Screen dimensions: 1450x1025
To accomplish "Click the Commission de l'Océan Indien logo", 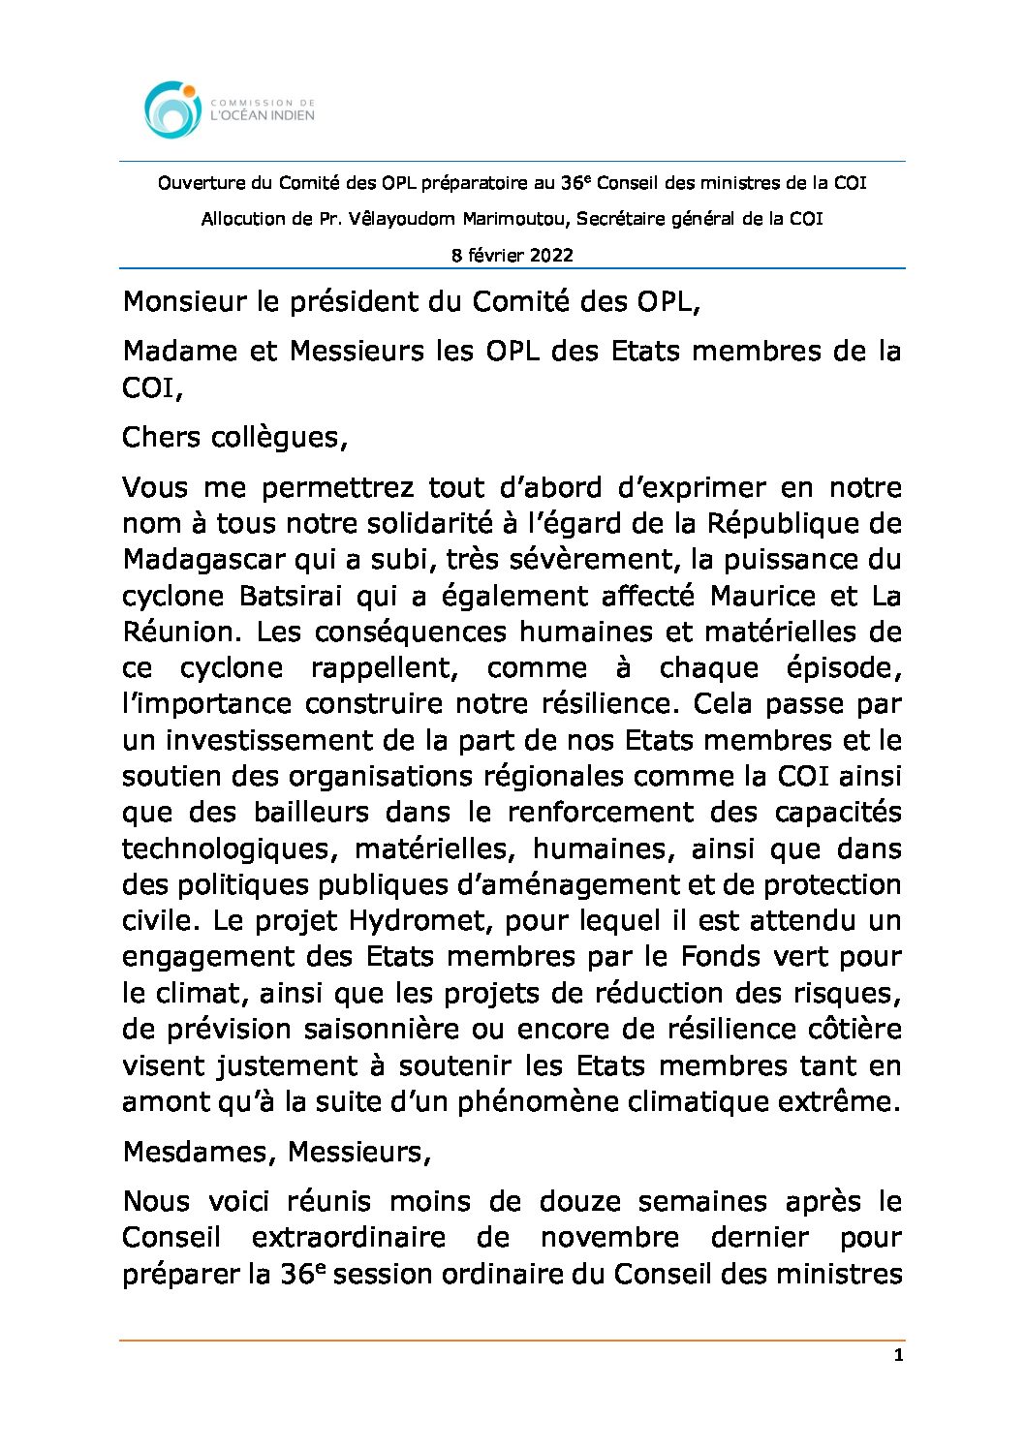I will click(x=229, y=109).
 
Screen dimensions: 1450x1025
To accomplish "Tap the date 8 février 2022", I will click(x=512, y=256).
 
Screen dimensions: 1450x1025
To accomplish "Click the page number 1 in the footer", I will click(x=898, y=1355).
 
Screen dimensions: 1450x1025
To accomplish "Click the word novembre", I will click(x=609, y=1238).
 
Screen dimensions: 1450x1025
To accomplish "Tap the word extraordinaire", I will click(x=348, y=1238).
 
